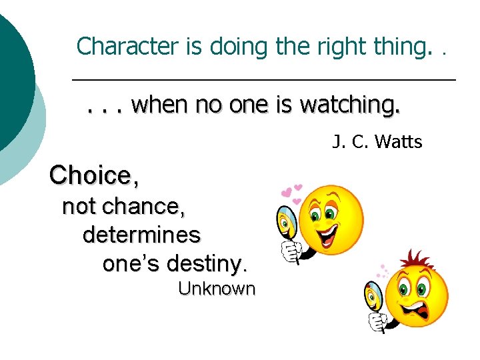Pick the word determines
(141, 235)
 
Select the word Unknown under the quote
(217, 289)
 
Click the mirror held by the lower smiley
(373, 294)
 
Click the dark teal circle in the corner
(13, 73)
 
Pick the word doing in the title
(236, 46)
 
